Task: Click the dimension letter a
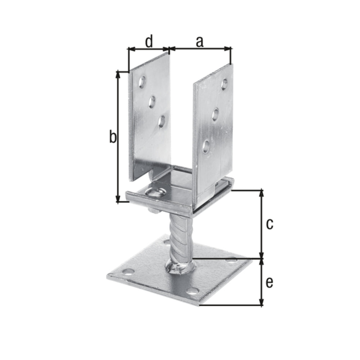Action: coord(199,41)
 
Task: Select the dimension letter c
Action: coord(269,224)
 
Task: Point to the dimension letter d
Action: coord(148,41)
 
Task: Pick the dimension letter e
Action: coord(269,283)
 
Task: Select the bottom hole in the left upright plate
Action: coord(162,121)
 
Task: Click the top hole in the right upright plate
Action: coord(225,84)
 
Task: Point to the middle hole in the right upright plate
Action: coord(216,114)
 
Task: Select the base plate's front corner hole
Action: coord(193,291)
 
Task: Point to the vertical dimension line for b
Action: coord(118,137)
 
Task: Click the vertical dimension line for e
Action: coord(262,283)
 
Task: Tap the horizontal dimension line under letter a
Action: coord(200,48)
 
